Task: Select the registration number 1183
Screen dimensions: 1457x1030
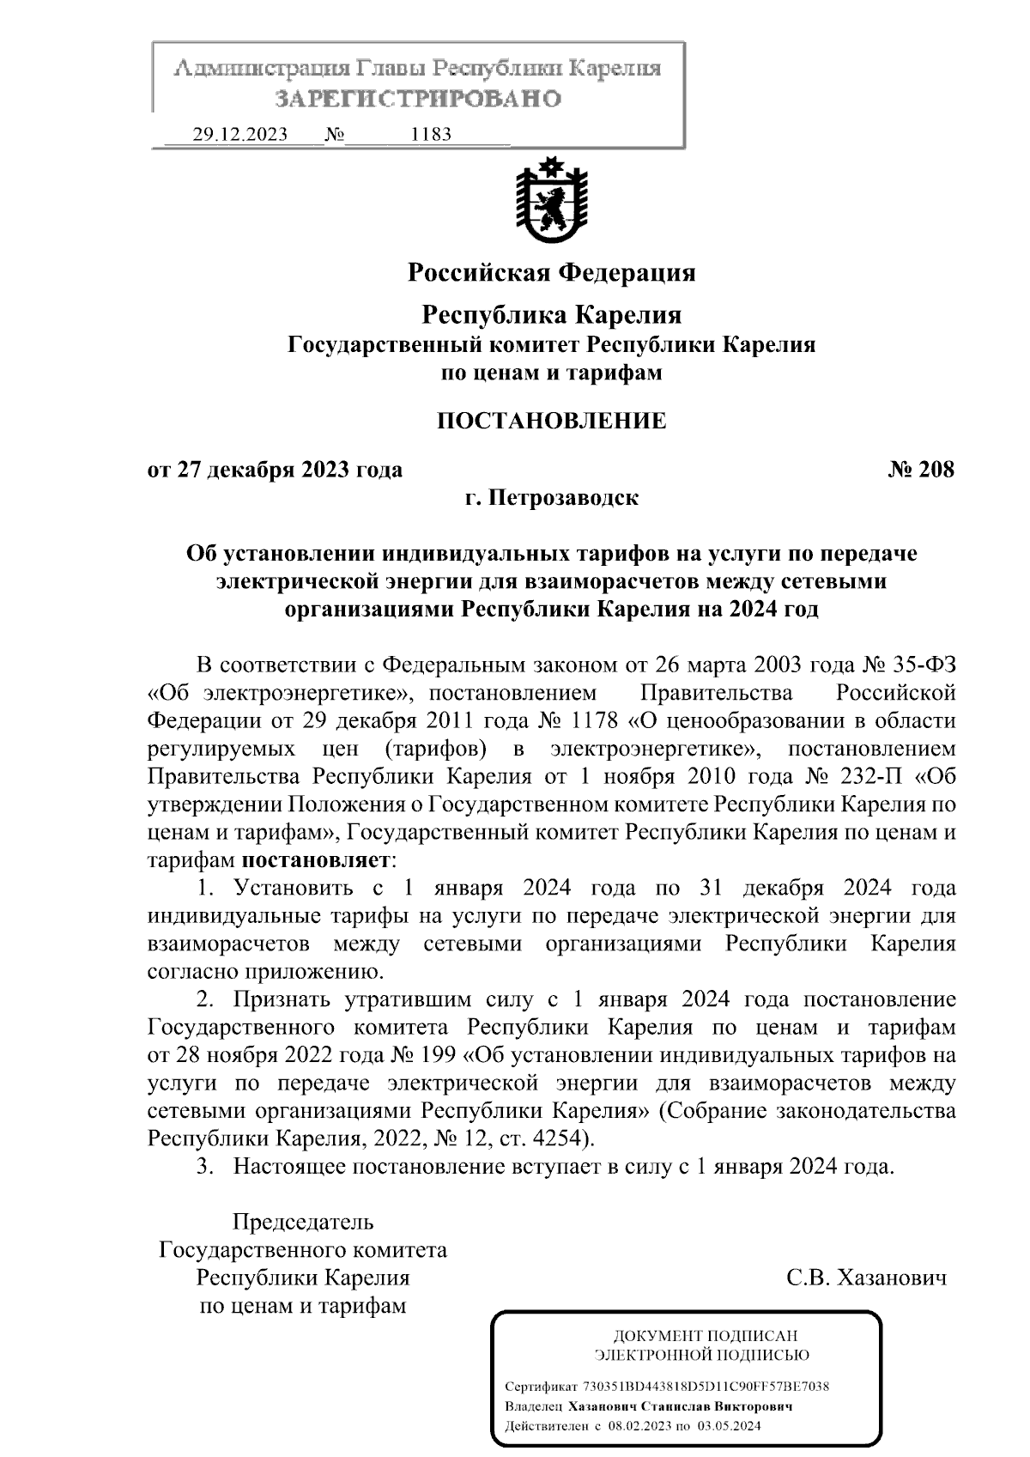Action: point(431,135)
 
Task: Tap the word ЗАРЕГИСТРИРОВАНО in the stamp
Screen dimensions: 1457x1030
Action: point(418,99)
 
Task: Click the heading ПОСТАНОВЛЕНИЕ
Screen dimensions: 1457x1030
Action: point(551,421)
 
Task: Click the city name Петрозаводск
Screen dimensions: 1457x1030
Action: point(563,498)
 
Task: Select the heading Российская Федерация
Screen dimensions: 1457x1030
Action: point(551,273)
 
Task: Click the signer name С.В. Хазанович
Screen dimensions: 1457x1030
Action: point(866,1278)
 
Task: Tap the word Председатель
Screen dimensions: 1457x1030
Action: point(303,1222)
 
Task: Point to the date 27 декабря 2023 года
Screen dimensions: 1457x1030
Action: point(289,470)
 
